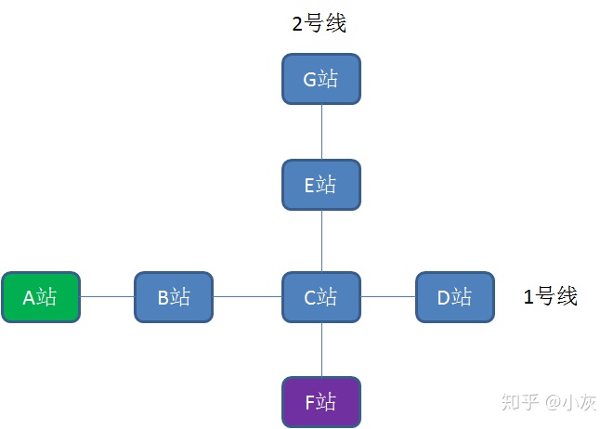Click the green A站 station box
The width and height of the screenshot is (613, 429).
pos(41,297)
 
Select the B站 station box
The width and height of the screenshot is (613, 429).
pos(174,297)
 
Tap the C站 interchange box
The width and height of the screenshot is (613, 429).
pos(320,297)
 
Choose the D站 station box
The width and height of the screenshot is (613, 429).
pos(454,297)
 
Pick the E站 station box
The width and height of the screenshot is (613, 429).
pos(320,184)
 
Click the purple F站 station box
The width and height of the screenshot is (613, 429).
pos(320,403)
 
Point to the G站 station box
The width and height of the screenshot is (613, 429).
pos(320,79)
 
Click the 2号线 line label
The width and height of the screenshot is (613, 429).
pos(320,23)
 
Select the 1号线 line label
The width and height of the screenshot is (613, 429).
pos(551,296)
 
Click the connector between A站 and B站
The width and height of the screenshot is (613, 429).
pos(108,297)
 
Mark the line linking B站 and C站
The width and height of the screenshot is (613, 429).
pos(247,297)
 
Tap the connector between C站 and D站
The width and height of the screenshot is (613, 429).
pos(387,297)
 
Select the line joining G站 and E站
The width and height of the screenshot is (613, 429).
pos(321,131)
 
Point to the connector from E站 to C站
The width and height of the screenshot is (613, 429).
pos(321,240)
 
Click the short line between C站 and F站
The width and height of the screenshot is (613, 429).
pos(321,350)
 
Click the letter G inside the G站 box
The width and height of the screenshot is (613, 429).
pos(310,79)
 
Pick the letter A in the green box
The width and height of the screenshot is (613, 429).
pos(29,297)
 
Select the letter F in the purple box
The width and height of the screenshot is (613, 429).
pos(310,403)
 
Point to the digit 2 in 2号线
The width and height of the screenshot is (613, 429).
pos(298,23)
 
